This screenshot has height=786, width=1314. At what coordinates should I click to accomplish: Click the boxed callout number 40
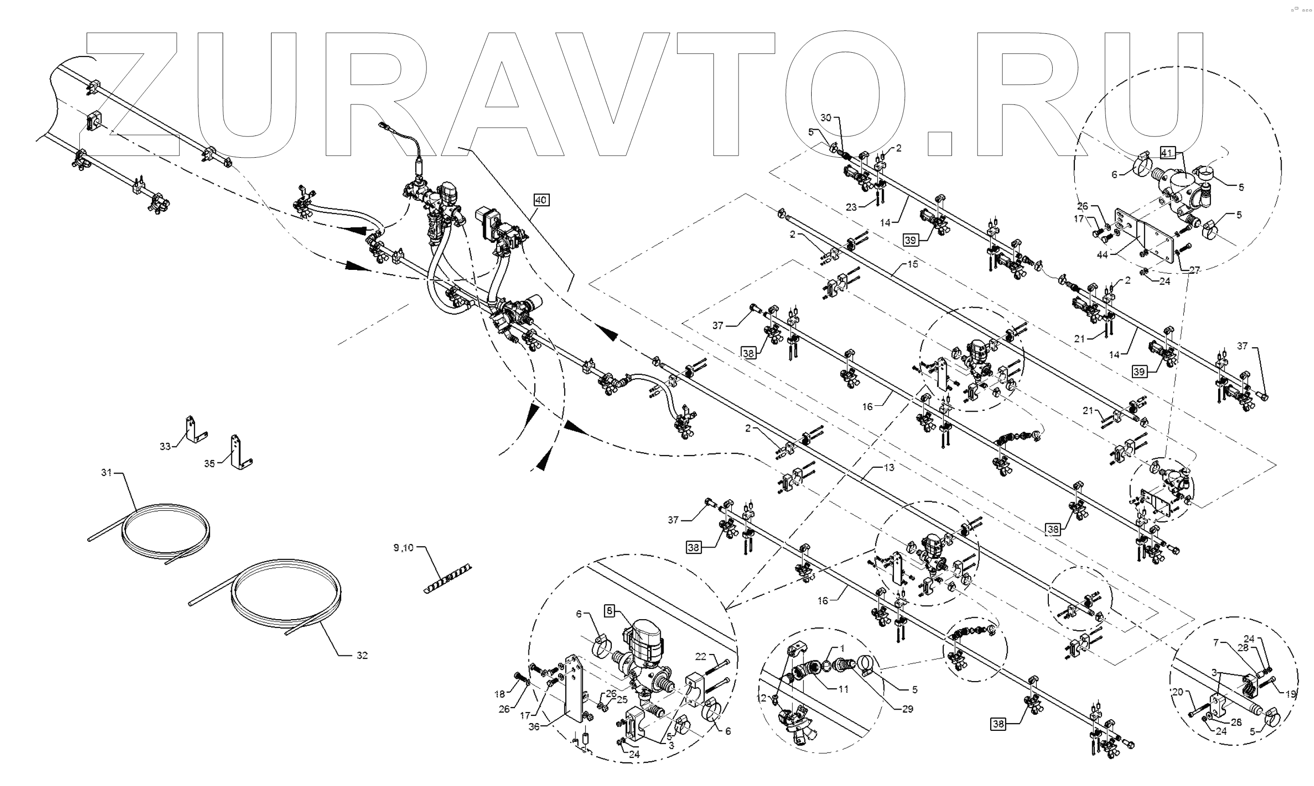pyautogui.click(x=541, y=200)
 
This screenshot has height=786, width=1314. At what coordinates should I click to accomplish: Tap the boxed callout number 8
pyautogui.click(x=610, y=611)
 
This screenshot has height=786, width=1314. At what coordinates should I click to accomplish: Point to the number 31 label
pyautogui.click(x=107, y=472)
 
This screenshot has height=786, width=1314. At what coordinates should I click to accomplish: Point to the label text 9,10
pyautogui.click(x=404, y=548)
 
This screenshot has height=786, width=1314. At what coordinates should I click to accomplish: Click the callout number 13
pyautogui.click(x=889, y=468)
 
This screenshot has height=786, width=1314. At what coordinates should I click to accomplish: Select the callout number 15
pyautogui.click(x=912, y=264)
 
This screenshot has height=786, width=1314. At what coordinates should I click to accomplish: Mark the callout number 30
pyautogui.click(x=826, y=118)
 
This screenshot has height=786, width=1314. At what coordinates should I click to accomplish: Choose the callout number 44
pyautogui.click(x=1103, y=255)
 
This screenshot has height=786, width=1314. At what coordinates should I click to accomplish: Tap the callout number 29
pyautogui.click(x=907, y=709)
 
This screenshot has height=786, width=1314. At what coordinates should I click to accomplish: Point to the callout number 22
pyautogui.click(x=701, y=656)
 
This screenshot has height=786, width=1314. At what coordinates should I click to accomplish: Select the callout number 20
pyautogui.click(x=1178, y=692)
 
